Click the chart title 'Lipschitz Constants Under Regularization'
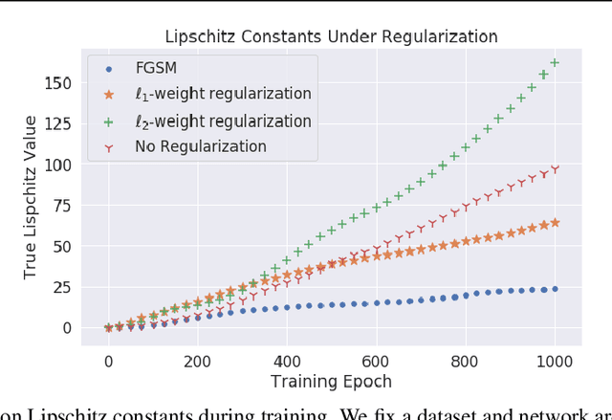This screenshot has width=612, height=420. coord(331,37)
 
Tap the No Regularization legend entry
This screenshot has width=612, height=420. coord(200,146)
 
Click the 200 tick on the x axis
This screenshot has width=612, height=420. coord(197,362)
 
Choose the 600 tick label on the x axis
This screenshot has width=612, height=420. coord(376,362)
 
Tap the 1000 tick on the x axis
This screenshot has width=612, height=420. coord(555,362)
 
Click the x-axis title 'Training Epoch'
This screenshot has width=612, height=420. coord(331,382)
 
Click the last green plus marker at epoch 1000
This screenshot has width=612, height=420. coord(555,63)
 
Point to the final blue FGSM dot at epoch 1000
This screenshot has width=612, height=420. coord(555,288)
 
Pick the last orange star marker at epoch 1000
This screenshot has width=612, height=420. coord(555,222)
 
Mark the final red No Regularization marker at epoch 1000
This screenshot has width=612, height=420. coord(555,169)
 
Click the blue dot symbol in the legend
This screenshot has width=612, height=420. coord(108,69)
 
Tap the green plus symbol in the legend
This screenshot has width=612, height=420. coord(108,121)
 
